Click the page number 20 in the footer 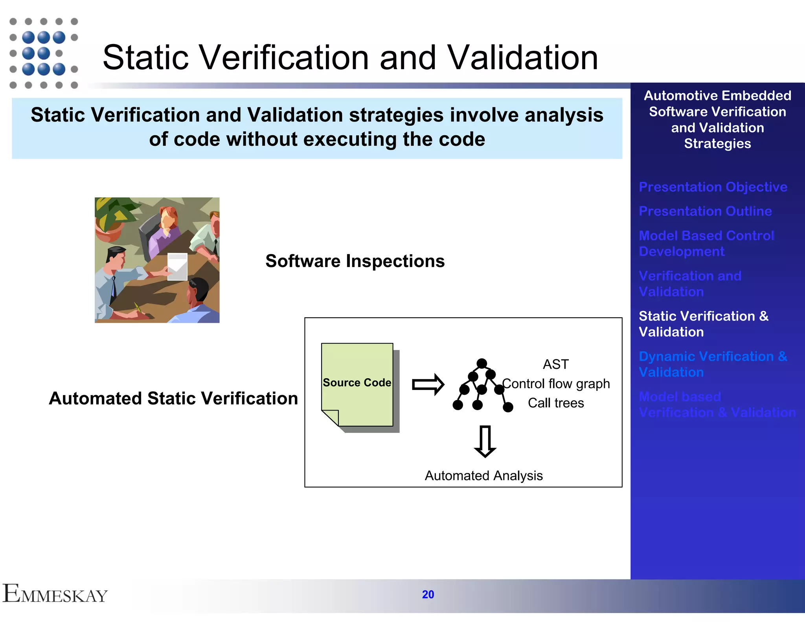pos(428,594)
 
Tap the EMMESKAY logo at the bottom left pos(55,594)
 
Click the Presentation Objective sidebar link pos(713,187)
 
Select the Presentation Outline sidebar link pos(705,211)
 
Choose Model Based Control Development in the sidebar pos(706,243)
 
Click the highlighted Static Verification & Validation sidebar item pos(703,324)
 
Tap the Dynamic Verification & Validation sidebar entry pos(713,364)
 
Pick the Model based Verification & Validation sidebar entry pos(717,405)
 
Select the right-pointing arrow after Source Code pos(428,384)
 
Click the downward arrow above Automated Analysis pos(485,441)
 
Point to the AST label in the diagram pos(555,364)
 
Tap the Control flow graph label pos(556,383)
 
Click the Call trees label pos(555,403)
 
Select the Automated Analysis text pos(483,476)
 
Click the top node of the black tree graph pos(482,363)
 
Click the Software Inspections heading pos(355,261)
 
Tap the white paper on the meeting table pos(177,267)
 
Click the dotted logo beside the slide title pos(44,53)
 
